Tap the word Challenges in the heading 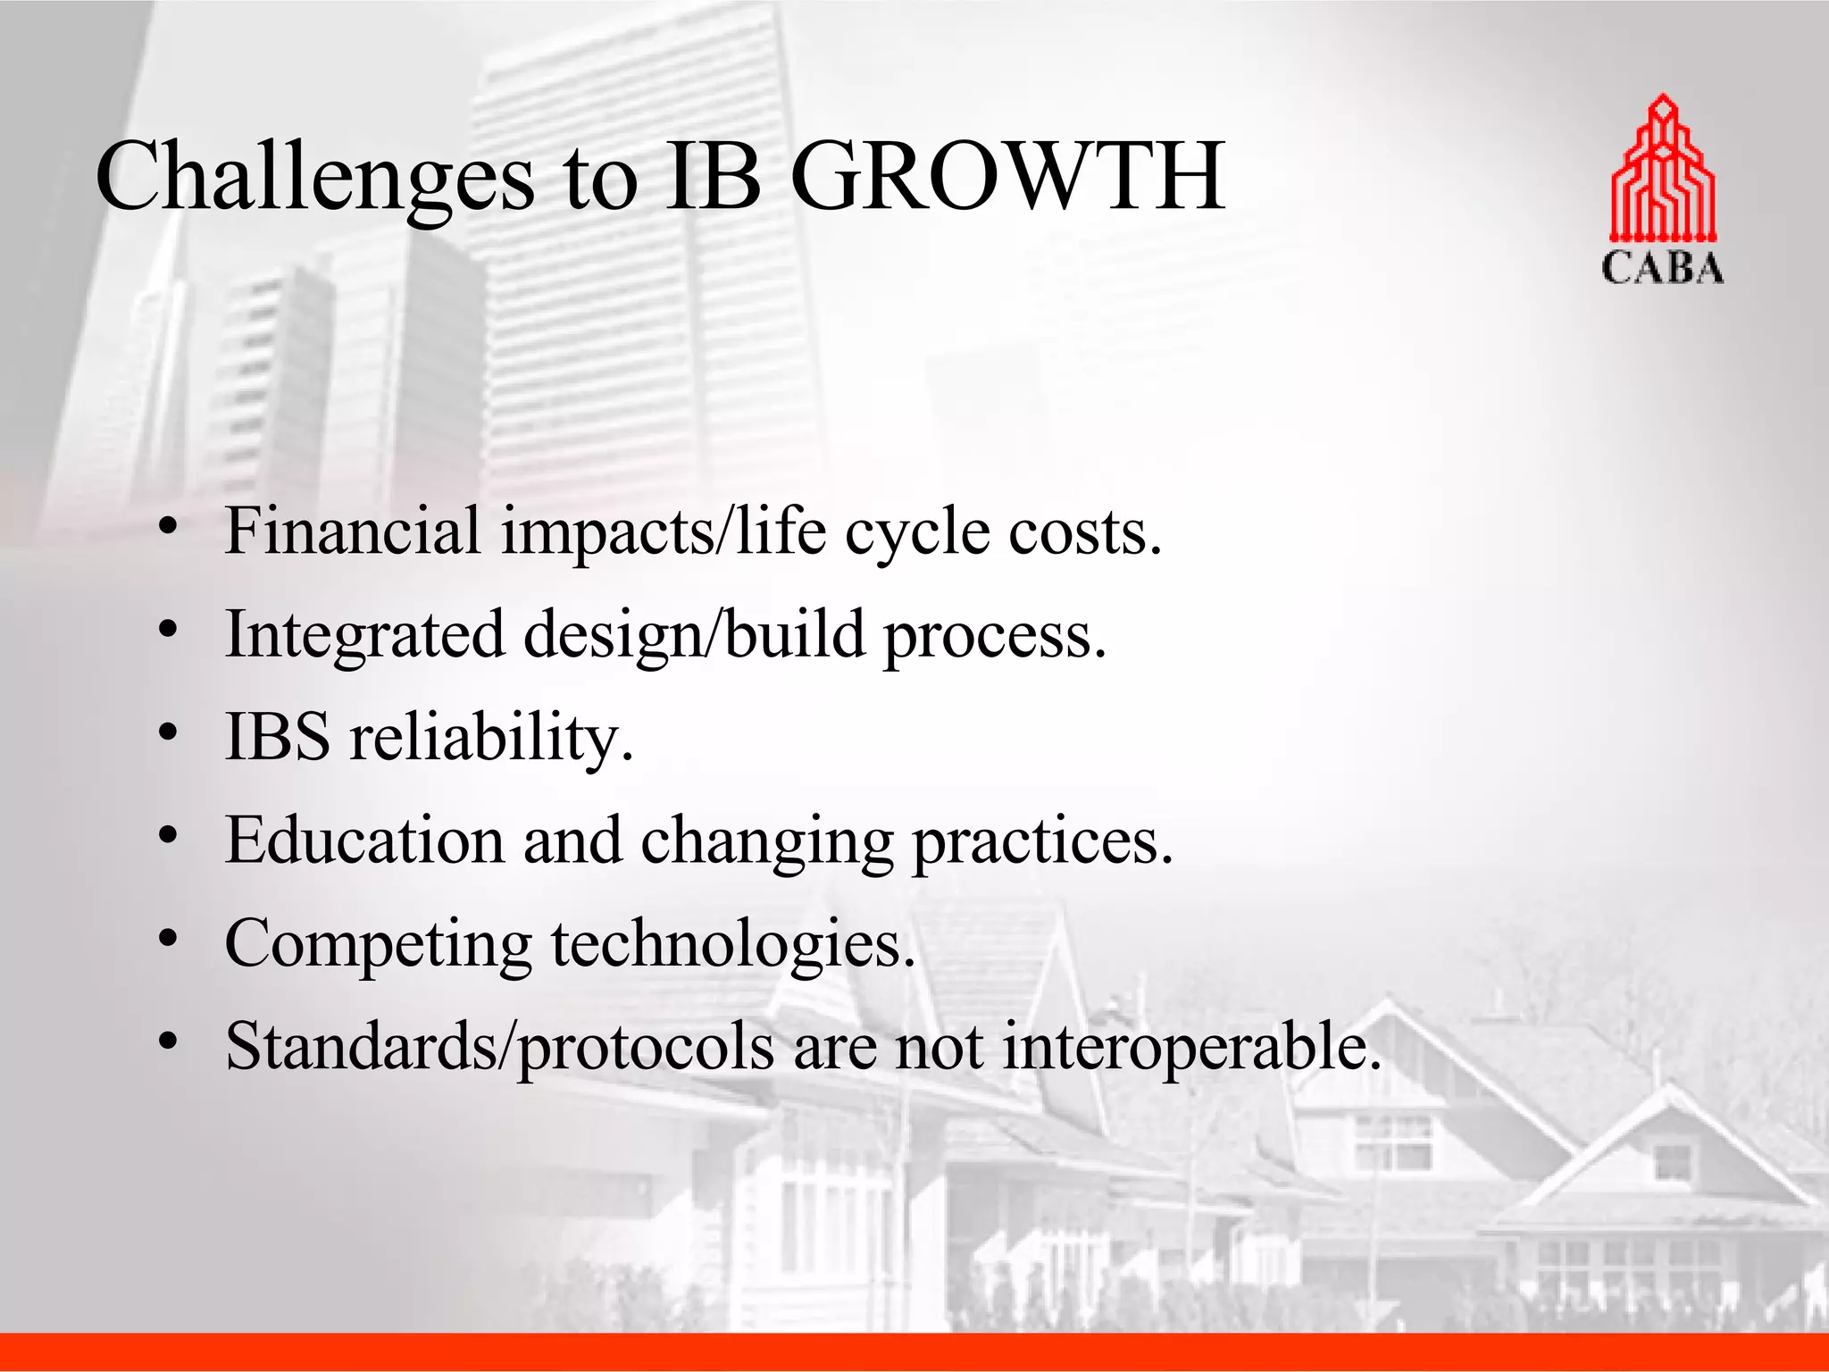[x=314, y=179]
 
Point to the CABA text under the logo [x=1662, y=269]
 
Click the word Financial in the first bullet [x=353, y=531]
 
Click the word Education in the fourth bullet [x=364, y=841]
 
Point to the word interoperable [x=1191, y=1047]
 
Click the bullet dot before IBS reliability [x=167, y=733]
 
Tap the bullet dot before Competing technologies [x=167, y=940]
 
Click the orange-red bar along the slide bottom [x=914, y=1352]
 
